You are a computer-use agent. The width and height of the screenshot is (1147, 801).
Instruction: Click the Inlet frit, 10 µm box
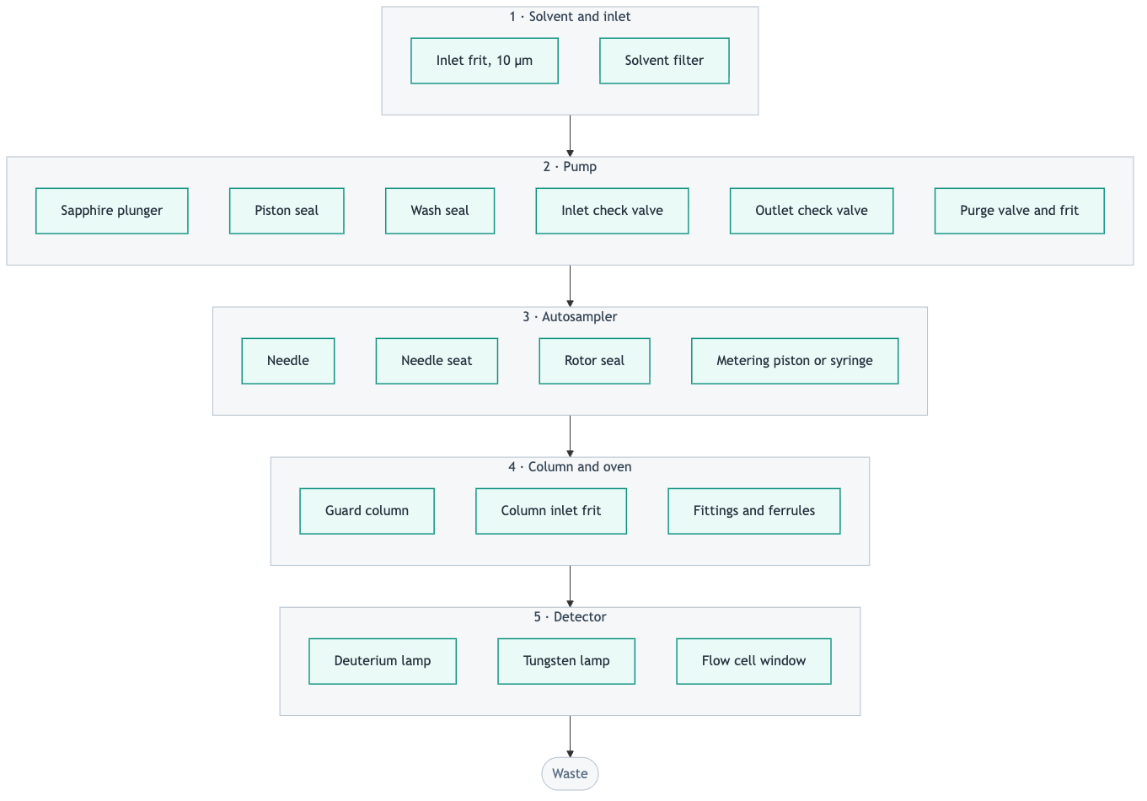tap(485, 61)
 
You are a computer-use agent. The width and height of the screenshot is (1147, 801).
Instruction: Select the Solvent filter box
tap(664, 61)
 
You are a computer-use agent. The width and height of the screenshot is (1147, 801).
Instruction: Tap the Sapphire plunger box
tap(111, 211)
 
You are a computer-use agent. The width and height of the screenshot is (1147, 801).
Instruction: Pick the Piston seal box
tap(287, 211)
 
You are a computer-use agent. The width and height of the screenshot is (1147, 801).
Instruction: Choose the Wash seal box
tap(440, 211)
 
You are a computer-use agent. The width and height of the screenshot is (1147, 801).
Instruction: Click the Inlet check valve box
tap(612, 211)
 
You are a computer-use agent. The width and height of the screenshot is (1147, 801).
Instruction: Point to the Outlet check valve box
tap(812, 211)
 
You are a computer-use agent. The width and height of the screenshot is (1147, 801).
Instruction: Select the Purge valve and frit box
tap(1020, 211)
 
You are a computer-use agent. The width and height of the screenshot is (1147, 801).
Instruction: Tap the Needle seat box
tap(437, 361)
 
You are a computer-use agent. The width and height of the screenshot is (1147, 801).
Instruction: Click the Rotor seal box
tap(594, 361)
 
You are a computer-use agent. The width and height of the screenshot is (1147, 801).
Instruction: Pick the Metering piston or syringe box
tap(795, 361)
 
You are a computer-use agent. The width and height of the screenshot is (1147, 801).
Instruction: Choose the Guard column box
tap(367, 511)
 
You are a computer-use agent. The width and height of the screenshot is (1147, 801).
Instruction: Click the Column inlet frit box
tap(551, 511)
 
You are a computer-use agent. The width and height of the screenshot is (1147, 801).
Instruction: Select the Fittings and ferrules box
tap(754, 511)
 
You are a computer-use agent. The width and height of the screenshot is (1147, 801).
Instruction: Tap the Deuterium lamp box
tap(383, 661)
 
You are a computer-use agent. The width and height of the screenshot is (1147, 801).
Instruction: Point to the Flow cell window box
tap(753, 661)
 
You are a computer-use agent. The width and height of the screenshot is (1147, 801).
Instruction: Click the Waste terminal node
tap(570, 773)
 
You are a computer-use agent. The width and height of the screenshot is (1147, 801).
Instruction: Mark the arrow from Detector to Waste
tap(570, 736)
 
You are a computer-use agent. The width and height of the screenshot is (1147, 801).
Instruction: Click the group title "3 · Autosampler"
tap(570, 316)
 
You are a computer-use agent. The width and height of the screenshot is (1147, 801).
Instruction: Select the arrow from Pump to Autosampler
tap(570, 286)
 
